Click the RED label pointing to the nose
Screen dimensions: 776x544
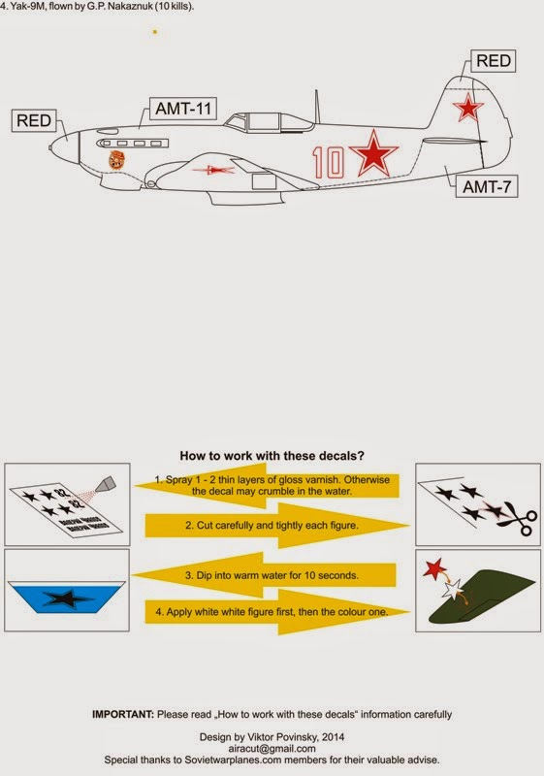point(36,121)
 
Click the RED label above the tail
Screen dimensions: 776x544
point(493,61)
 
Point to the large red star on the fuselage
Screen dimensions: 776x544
point(372,154)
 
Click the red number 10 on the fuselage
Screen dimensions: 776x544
point(330,162)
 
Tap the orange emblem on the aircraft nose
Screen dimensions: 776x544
point(114,157)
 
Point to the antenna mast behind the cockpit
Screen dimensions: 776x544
point(315,105)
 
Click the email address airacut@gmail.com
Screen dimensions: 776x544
point(272,748)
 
